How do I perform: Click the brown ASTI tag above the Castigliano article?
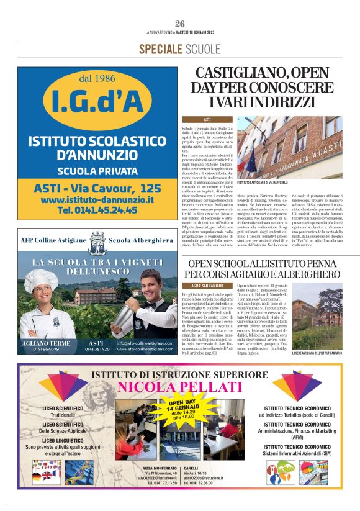207,119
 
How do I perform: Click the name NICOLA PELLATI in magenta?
180,388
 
